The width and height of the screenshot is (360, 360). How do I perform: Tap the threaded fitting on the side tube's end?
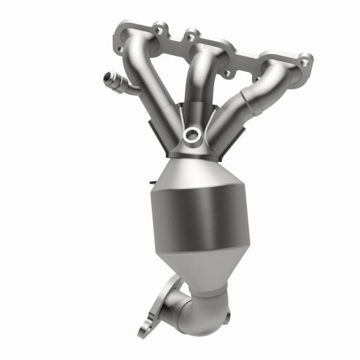click(110, 77)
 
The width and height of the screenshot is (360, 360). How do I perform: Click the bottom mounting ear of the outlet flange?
click(144, 326)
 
